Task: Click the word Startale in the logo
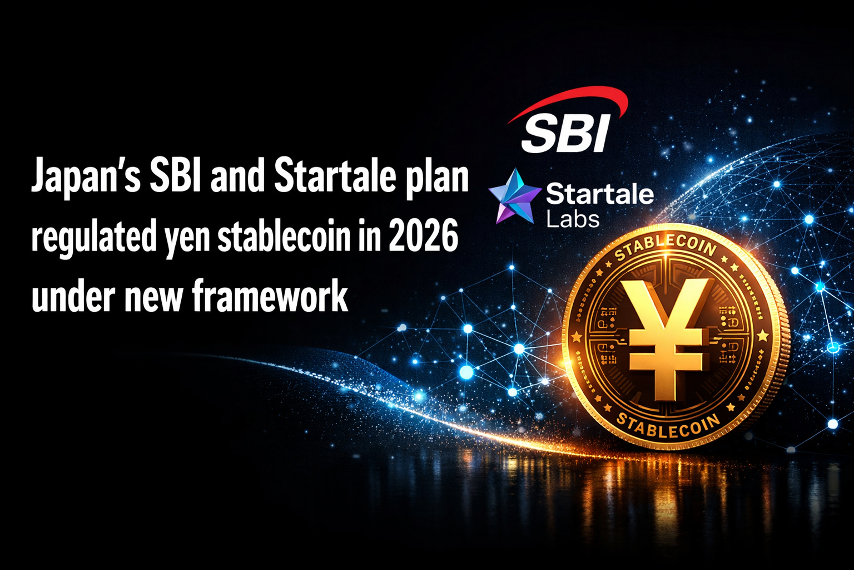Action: (x=599, y=194)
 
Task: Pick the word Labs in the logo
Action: (x=573, y=219)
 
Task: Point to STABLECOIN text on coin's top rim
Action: (x=664, y=248)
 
